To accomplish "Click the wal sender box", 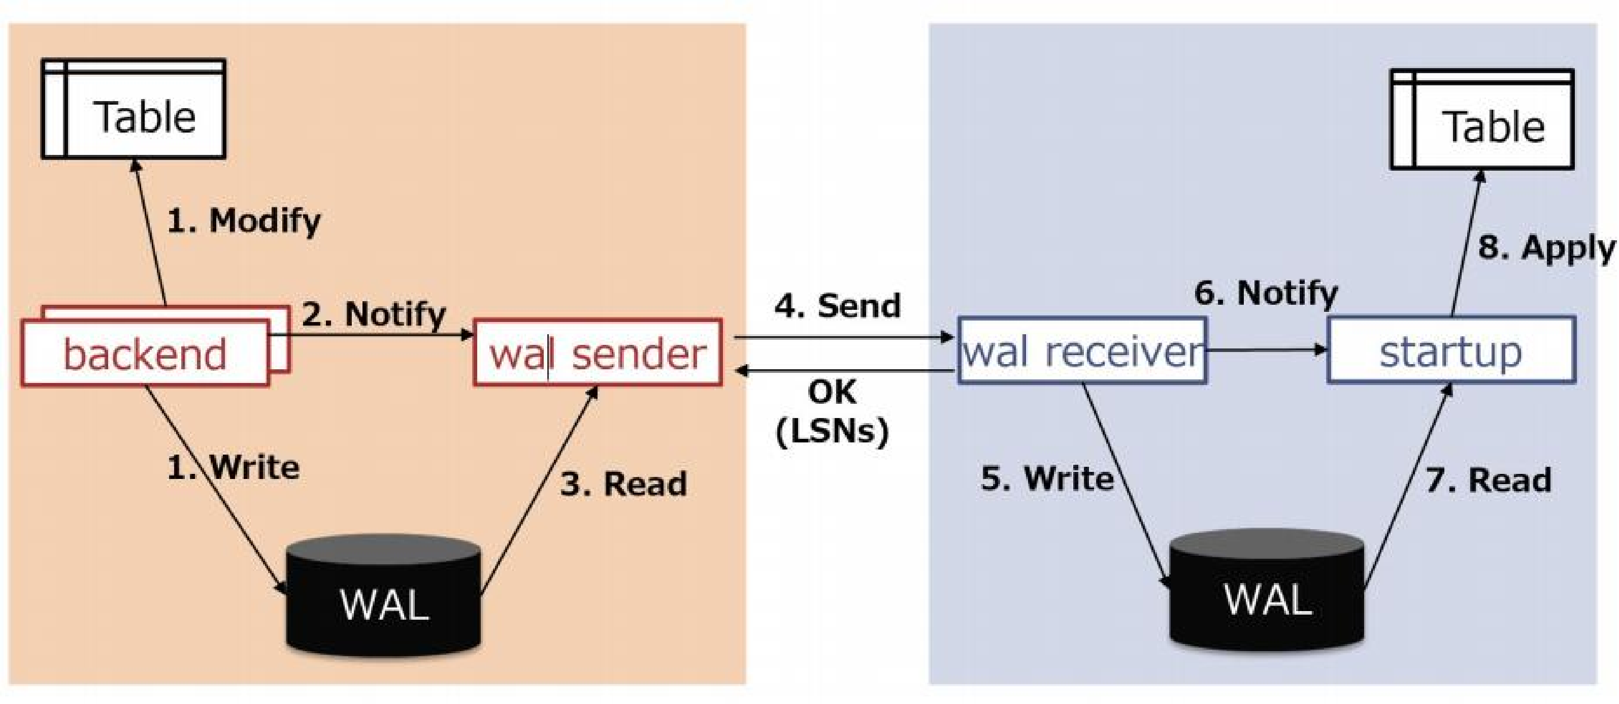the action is point(598,353).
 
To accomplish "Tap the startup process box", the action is point(1451,350).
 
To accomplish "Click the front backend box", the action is point(145,353).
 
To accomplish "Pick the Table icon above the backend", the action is point(133,109).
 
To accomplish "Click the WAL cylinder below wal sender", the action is point(384,595).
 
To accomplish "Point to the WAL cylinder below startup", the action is point(1267,591).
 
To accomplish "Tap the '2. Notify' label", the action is point(374,314).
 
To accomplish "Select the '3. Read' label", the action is point(623,484).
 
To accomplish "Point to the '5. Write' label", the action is point(1047,478).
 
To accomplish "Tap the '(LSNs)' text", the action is point(832,431).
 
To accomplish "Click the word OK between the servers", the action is point(832,392).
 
